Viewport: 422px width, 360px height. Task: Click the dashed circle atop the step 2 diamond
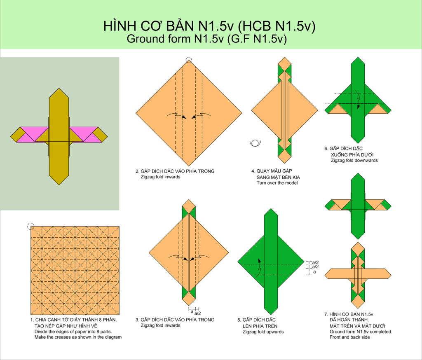189,60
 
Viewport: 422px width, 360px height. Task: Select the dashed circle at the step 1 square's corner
30,226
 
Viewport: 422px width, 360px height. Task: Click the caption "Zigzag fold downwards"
354,160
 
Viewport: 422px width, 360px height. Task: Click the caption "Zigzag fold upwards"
263,332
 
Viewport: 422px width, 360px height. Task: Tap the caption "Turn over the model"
277,183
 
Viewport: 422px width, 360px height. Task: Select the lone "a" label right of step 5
314,272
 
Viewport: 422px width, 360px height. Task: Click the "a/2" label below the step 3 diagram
197,313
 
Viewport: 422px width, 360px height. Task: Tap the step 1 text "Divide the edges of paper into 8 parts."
73,332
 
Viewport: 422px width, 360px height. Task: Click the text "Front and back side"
349,337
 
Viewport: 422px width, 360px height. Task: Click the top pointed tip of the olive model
59,88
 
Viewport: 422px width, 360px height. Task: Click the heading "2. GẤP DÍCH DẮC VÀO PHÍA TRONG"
175,171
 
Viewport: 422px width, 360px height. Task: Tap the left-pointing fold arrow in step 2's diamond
201,116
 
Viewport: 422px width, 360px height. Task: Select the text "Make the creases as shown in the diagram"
78,337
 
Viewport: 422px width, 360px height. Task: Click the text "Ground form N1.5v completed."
361,332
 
